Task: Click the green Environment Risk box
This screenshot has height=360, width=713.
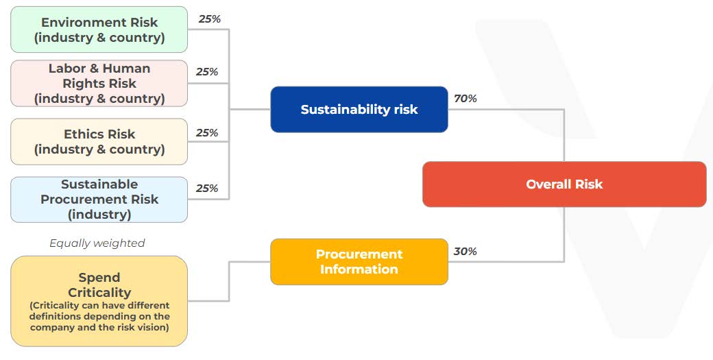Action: coord(99,29)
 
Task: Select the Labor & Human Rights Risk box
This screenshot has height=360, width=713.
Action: coord(99,83)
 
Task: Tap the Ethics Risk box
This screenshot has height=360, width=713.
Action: coord(99,141)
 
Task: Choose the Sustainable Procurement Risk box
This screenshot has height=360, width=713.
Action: coord(99,200)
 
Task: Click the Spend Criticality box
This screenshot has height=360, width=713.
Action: coord(99,301)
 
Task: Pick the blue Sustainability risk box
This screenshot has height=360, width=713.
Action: coord(359,109)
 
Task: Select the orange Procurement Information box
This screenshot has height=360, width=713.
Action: coord(359,261)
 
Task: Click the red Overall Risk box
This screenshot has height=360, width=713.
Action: coord(564,184)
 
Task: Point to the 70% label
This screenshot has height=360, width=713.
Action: coord(465,99)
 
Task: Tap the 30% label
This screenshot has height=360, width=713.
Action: coord(465,252)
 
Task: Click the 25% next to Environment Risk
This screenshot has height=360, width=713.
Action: coord(209,19)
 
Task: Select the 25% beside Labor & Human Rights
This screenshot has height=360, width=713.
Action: coord(206,72)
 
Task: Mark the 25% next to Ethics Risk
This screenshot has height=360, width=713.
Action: coord(206,133)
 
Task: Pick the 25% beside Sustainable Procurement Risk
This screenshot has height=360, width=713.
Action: coord(206,189)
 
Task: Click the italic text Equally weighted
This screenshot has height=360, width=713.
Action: coord(97,243)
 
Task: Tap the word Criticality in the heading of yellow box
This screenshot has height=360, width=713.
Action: coord(99,293)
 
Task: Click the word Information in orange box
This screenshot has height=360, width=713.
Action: coord(359,269)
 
